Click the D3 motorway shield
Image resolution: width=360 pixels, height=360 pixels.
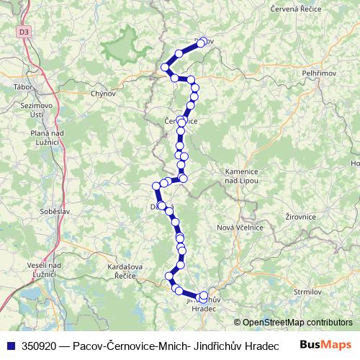25,32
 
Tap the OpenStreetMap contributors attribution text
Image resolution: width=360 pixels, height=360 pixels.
297,322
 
